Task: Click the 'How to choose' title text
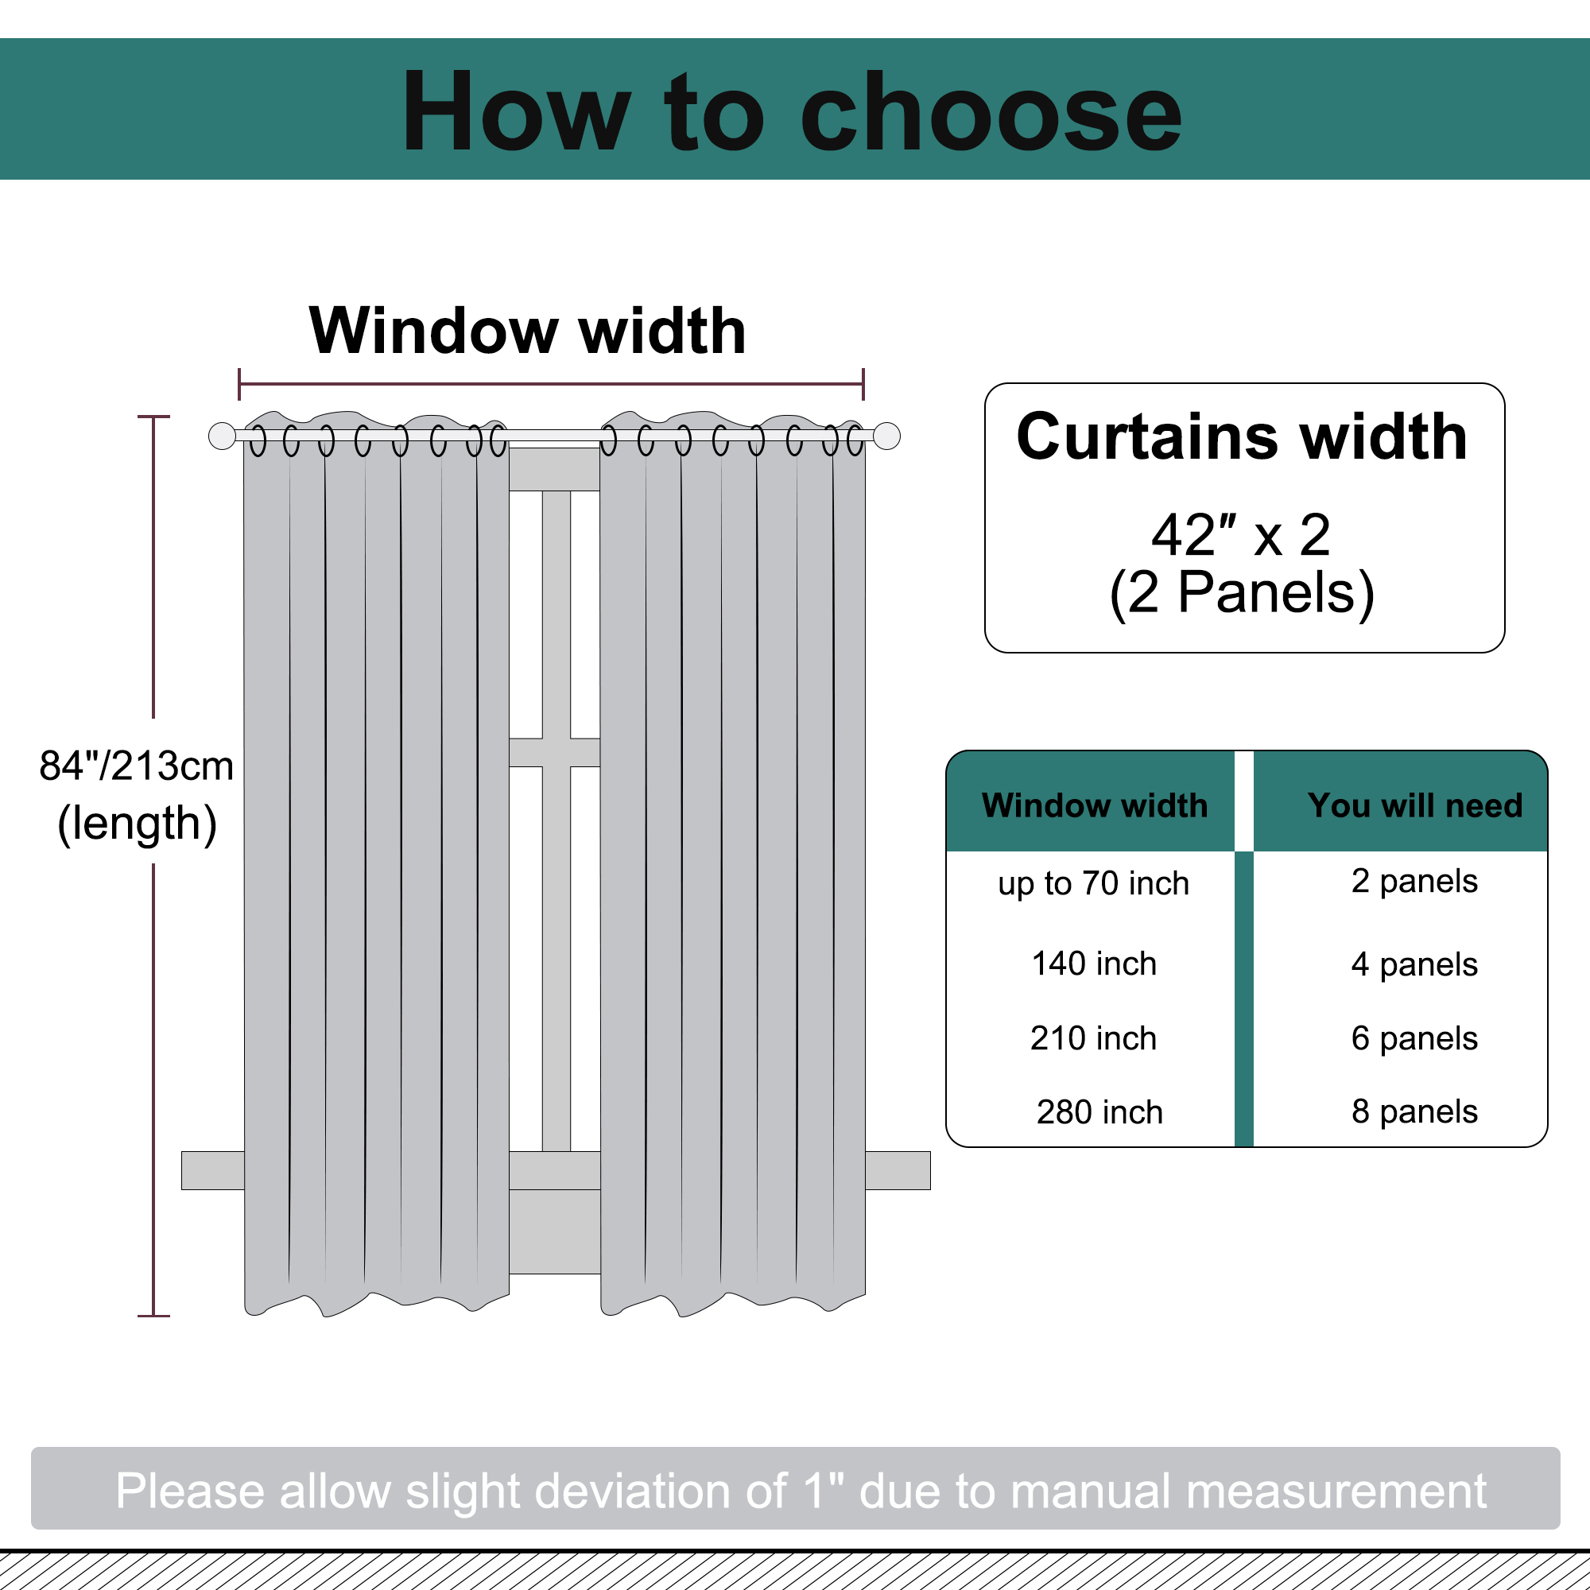(x=792, y=112)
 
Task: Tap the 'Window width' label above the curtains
(x=528, y=331)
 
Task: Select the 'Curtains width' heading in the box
(x=1242, y=437)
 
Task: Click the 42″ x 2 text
(x=1241, y=535)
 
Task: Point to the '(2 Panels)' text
(x=1242, y=592)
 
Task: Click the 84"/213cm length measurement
(x=137, y=766)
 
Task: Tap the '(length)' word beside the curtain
(x=138, y=824)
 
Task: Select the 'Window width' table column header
(x=1095, y=805)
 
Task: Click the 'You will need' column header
(x=1415, y=805)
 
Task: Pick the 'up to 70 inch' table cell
(x=1094, y=884)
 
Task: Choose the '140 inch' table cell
(x=1094, y=964)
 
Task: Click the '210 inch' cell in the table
(x=1094, y=1038)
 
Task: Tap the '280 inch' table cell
(x=1099, y=1113)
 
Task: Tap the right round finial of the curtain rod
(x=887, y=436)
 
